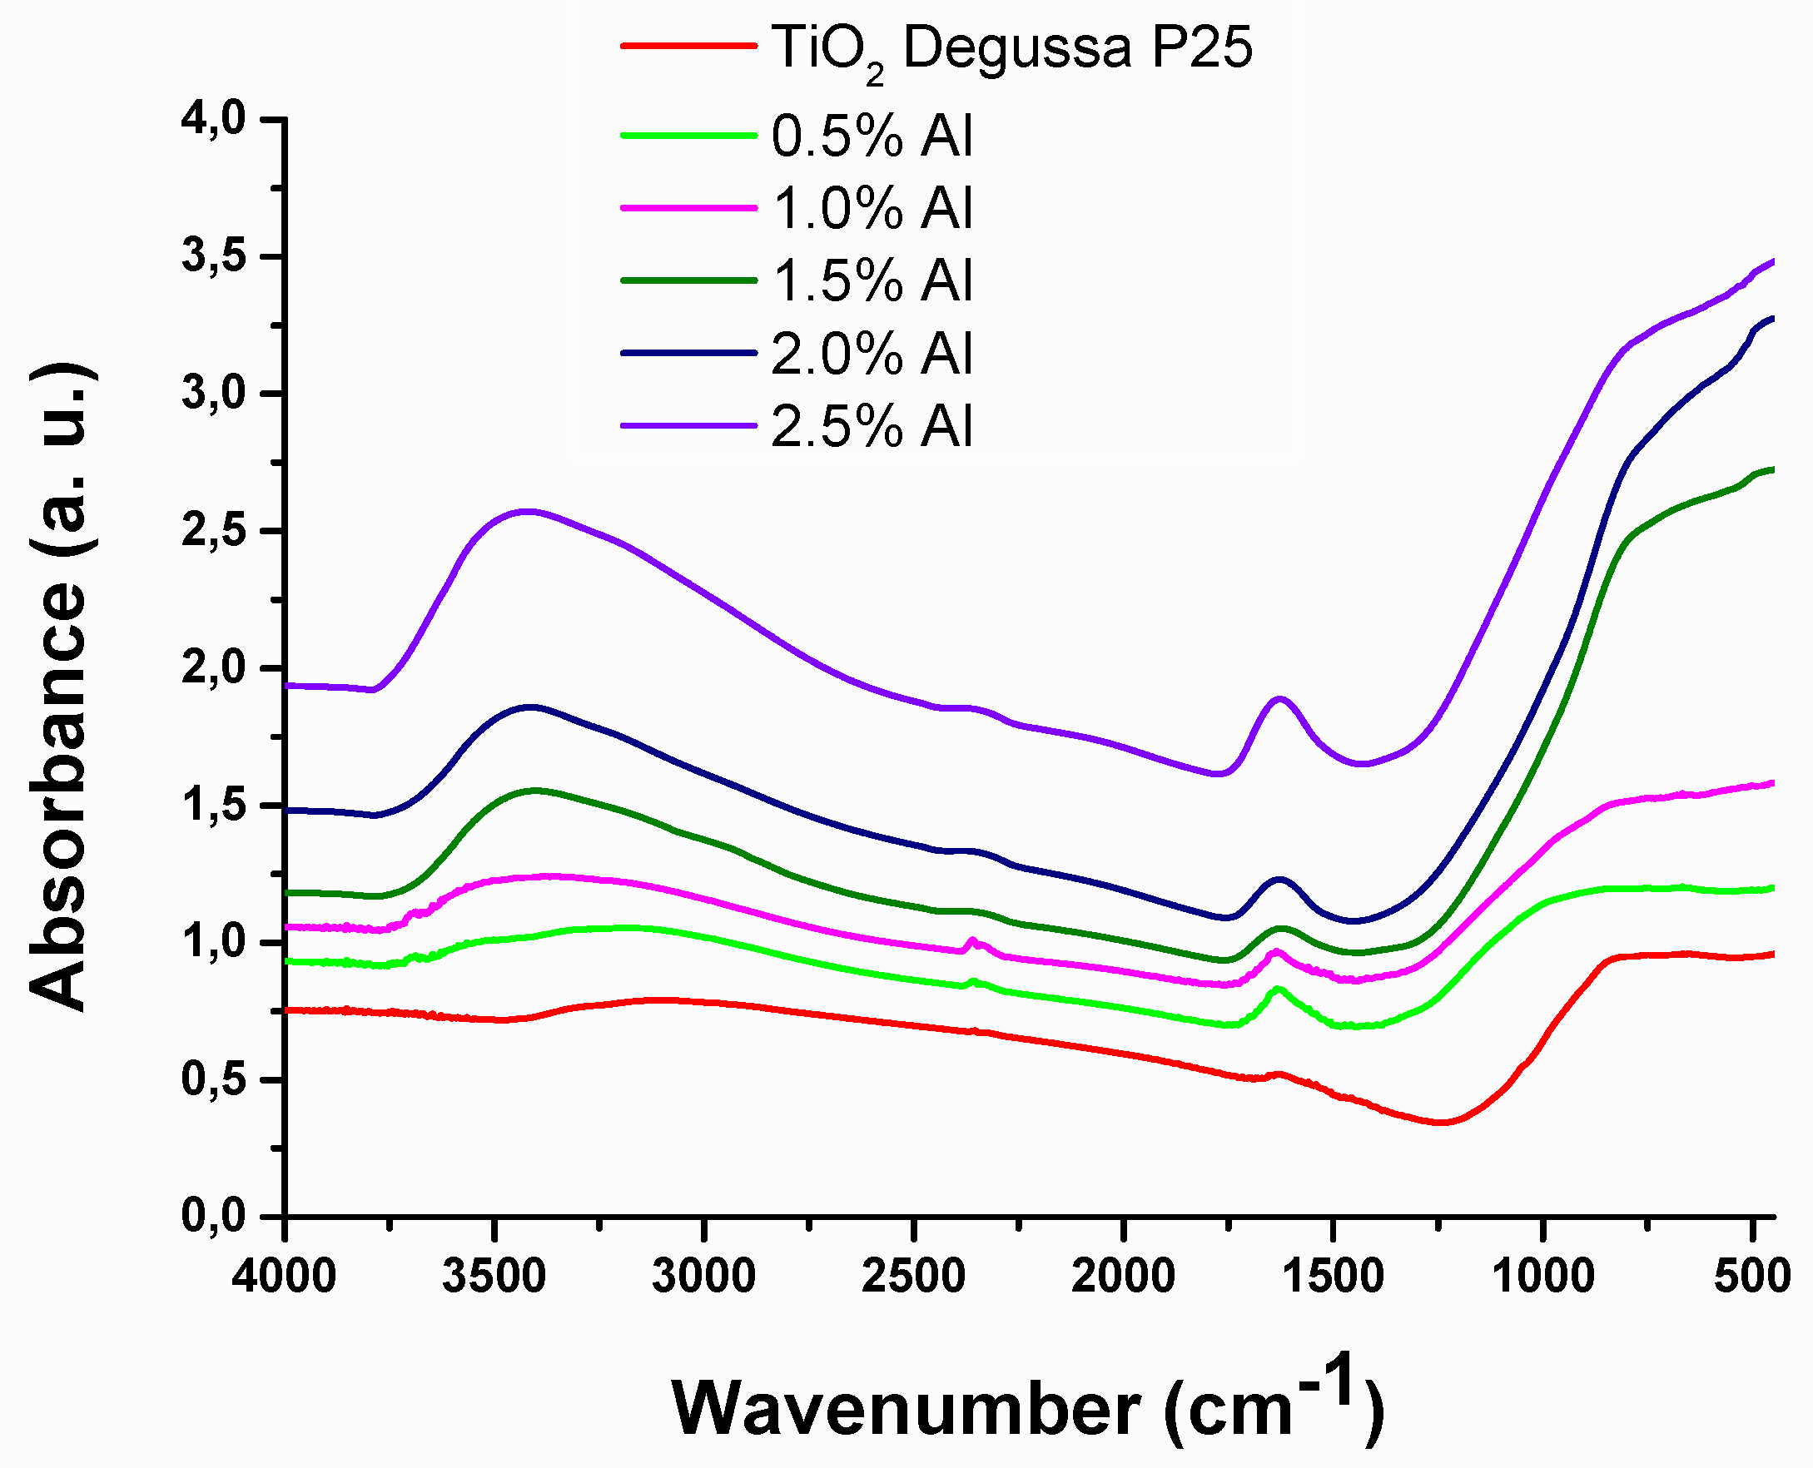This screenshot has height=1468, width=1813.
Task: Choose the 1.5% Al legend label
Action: point(872,280)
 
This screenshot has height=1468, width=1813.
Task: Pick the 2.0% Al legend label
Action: point(872,354)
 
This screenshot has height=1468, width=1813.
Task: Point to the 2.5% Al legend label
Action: point(872,426)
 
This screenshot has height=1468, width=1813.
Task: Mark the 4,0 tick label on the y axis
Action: point(213,119)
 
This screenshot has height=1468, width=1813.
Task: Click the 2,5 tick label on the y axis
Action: point(213,531)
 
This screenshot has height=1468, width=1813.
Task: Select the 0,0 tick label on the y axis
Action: point(213,1217)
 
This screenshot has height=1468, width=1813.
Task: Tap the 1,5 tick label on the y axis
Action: point(213,806)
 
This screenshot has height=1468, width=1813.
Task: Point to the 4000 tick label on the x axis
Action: point(284,1275)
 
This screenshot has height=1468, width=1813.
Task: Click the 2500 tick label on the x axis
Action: point(913,1275)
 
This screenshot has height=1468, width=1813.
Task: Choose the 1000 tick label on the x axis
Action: point(1543,1275)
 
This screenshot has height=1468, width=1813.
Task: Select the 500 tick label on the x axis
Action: point(1752,1275)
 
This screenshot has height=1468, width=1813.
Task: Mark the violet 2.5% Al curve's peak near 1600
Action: point(1280,698)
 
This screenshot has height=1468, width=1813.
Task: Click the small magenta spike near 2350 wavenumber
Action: point(971,940)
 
